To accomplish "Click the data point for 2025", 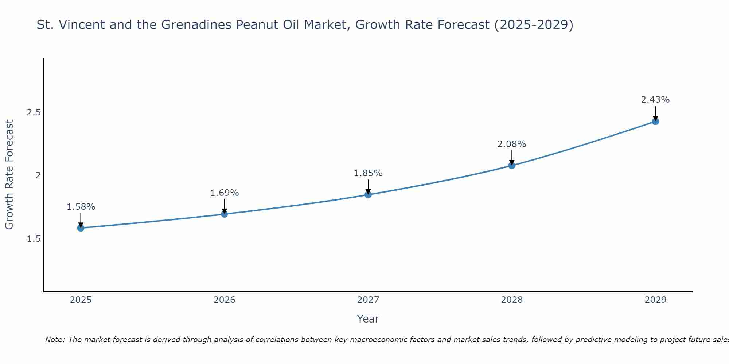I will [x=81, y=228].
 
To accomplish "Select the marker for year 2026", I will [x=225, y=214].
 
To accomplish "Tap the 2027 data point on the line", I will [x=368, y=195].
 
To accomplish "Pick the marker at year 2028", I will [x=512, y=166].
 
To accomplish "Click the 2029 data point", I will [x=655, y=122].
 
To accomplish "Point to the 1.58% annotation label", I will [x=81, y=207].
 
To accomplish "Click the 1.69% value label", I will [x=225, y=193].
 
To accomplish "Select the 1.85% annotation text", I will [x=368, y=173].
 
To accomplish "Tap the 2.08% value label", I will [x=512, y=144].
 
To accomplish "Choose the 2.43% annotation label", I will [x=655, y=100].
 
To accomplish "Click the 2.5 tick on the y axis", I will [x=34, y=112].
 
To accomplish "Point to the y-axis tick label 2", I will [x=38, y=175].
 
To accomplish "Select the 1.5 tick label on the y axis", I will [x=34, y=239].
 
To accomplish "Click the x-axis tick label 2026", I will [x=225, y=300].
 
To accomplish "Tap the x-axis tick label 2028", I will [x=512, y=300].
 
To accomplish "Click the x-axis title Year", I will [x=368, y=319].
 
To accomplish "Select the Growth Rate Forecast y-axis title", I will [x=9, y=175].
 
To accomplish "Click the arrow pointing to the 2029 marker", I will [x=655, y=113].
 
